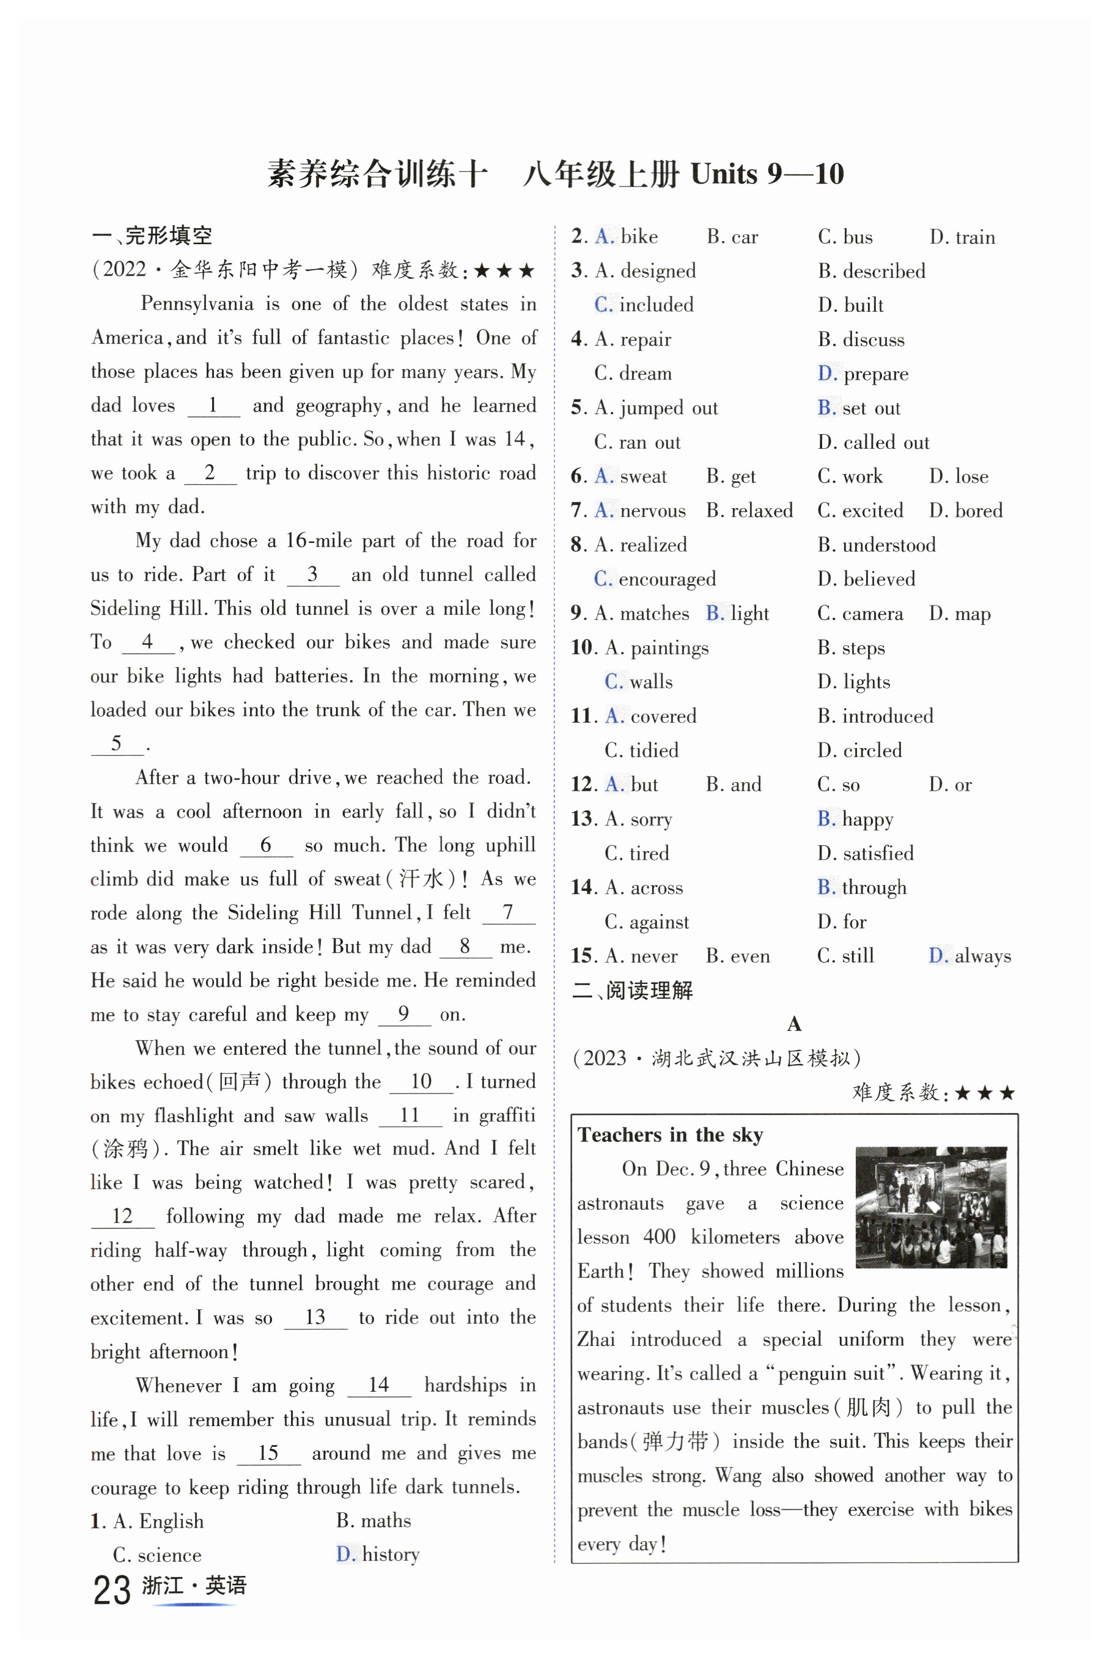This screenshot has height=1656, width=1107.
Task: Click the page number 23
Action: (x=111, y=1591)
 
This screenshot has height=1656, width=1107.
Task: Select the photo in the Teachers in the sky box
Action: (x=930, y=1207)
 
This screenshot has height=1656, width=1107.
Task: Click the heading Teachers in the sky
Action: (x=670, y=1134)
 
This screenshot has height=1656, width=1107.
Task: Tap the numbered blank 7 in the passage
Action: (x=507, y=912)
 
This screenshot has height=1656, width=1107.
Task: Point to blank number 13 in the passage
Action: (x=315, y=1317)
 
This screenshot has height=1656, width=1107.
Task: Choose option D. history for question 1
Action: (x=378, y=1554)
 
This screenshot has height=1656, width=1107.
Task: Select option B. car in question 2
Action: (x=732, y=237)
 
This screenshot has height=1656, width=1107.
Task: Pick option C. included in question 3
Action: (x=644, y=305)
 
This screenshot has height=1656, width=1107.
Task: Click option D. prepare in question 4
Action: (x=862, y=374)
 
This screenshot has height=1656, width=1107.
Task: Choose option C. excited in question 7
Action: (x=860, y=511)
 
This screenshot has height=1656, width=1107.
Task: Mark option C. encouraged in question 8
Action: (x=655, y=579)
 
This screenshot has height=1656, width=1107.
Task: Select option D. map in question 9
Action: (x=960, y=614)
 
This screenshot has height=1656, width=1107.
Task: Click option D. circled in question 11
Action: (x=859, y=750)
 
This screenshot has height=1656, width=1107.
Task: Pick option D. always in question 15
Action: (x=969, y=956)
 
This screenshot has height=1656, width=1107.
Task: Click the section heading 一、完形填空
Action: (x=152, y=235)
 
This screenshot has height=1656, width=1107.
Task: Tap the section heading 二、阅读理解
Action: (x=633, y=990)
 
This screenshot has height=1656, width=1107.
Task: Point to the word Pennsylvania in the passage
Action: (x=197, y=304)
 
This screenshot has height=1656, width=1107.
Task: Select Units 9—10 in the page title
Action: (x=767, y=174)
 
